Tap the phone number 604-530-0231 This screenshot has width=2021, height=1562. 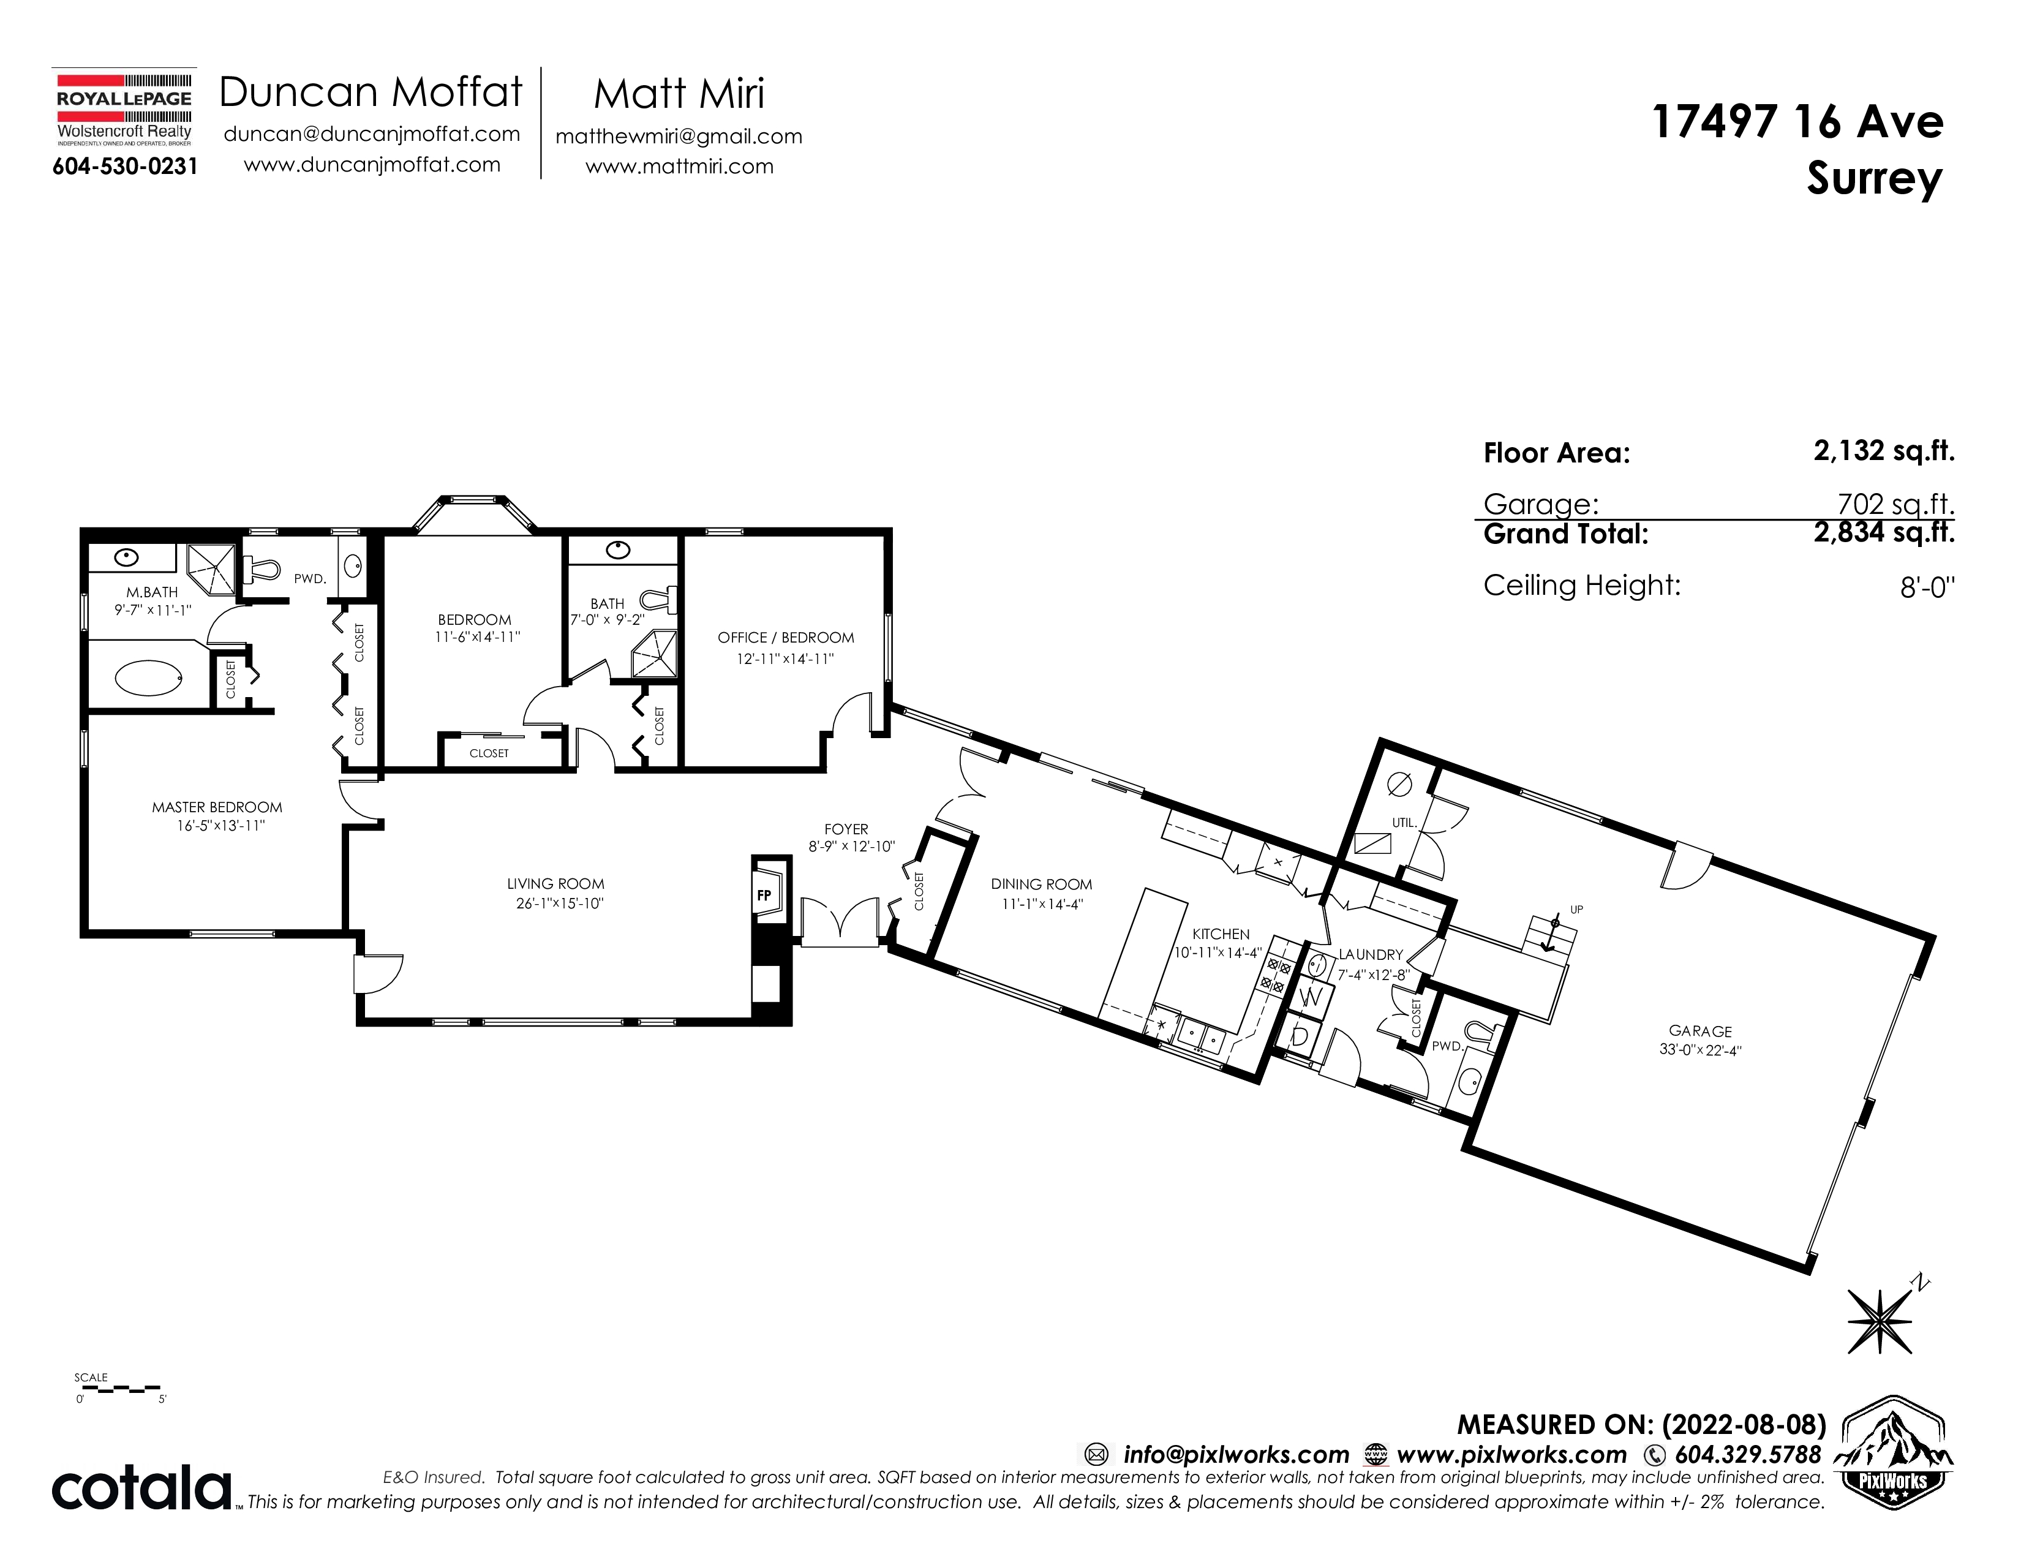tap(125, 167)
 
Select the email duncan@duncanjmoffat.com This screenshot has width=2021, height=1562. tap(372, 134)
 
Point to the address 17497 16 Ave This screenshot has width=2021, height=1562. tap(1798, 122)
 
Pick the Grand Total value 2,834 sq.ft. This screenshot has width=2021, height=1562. tap(1884, 533)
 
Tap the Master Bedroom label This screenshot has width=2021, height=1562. tap(217, 807)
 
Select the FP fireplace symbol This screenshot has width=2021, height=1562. tap(764, 895)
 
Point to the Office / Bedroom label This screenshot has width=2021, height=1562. tap(786, 638)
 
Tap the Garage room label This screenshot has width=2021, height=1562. tap(1701, 1031)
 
